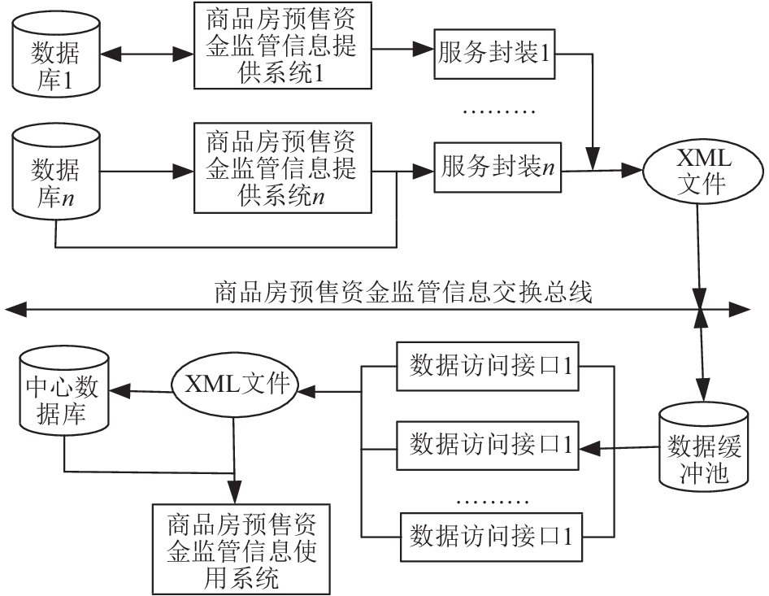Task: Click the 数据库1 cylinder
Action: click(56, 54)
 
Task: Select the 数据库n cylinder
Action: click(56, 172)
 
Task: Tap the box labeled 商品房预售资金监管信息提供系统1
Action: click(283, 46)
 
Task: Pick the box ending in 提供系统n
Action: click(283, 167)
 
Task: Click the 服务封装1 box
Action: click(494, 54)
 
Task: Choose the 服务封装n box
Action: click(497, 167)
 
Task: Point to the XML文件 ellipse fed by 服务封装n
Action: click(703, 171)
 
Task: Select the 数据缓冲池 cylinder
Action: click(704, 446)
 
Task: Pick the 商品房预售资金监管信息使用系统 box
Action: click(241, 550)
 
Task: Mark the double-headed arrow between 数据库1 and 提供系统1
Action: click(147, 54)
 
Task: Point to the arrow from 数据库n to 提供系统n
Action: click(147, 172)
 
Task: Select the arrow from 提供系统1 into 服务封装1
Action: click(402, 49)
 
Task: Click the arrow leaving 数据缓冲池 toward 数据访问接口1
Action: click(619, 447)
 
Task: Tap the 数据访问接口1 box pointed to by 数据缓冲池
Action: click(488, 446)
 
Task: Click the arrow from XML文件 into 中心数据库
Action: click(141, 391)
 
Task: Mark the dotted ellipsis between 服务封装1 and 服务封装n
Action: click(499, 112)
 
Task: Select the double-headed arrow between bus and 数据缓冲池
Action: click(703, 355)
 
